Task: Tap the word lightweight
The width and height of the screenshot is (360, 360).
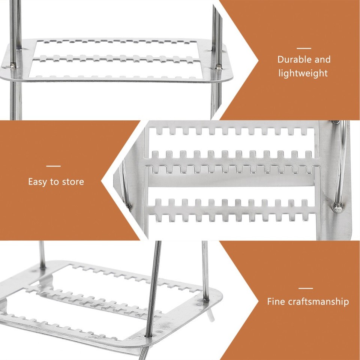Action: [303, 73]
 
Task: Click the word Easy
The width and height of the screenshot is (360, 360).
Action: [38, 182]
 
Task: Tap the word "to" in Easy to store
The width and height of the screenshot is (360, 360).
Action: [55, 182]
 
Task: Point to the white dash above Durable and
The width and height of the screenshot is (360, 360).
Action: [304, 48]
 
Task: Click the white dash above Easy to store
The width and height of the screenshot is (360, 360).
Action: [54, 166]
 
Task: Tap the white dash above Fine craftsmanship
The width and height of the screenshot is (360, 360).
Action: [306, 288]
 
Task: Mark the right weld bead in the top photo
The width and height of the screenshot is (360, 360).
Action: [218, 67]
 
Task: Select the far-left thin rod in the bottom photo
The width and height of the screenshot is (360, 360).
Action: [42, 255]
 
